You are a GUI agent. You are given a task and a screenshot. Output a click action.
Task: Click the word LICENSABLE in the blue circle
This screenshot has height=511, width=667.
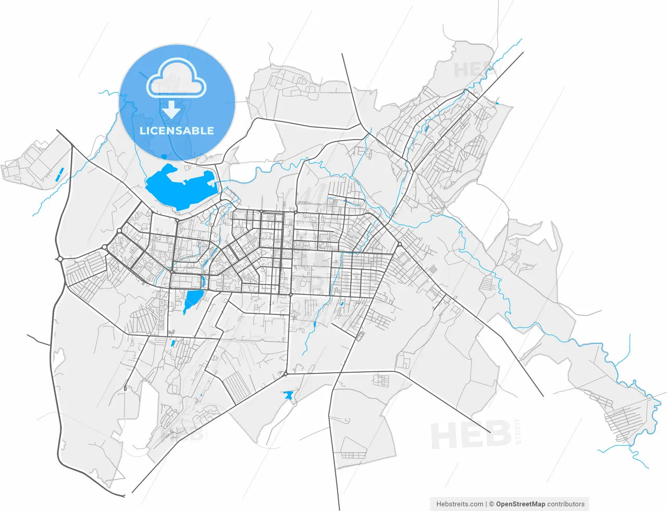[x=177, y=130]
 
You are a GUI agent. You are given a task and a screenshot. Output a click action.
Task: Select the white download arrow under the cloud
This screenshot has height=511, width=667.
[x=171, y=110]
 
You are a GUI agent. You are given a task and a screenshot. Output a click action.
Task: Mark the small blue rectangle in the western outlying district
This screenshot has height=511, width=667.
[x=58, y=174]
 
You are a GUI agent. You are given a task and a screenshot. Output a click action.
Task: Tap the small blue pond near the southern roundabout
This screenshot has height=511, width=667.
[x=288, y=395]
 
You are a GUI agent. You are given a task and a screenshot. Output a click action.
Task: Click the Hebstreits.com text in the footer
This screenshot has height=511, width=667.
[x=460, y=504]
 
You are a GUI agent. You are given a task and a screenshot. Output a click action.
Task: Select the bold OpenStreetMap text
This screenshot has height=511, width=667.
[x=520, y=504]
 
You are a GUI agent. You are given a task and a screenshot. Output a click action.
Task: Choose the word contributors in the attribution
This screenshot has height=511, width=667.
[x=566, y=504]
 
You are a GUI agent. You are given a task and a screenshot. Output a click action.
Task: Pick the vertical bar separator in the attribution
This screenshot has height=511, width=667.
[x=486, y=504]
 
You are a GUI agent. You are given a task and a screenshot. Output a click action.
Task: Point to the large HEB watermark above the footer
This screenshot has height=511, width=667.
[x=471, y=435]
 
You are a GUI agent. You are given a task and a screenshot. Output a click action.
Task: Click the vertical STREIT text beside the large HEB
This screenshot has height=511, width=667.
[x=517, y=431]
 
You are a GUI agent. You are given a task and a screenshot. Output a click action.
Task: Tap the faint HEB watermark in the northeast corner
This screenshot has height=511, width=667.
[x=471, y=70]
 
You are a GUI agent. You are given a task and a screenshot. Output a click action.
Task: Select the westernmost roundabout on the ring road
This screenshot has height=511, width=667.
[x=60, y=259]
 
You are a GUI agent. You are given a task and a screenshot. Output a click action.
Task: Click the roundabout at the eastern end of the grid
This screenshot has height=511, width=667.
[x=399, y=245]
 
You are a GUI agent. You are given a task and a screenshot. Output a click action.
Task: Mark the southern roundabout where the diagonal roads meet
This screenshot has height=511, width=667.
[x=286, y=373]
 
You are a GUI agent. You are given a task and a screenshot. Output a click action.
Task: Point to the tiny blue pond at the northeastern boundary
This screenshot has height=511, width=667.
[x=498, y=104]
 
